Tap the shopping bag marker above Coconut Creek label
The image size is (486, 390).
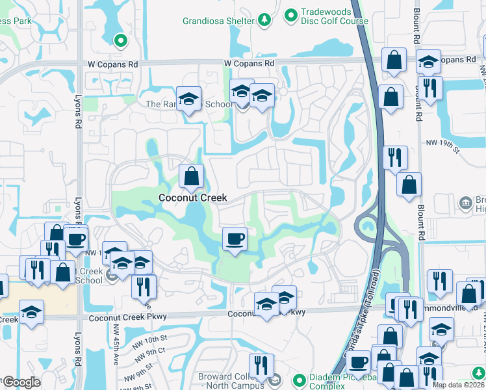192,177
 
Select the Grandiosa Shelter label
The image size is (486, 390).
222,21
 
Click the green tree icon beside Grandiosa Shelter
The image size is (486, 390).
264,21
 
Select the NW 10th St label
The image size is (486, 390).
149,339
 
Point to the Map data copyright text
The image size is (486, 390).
458,385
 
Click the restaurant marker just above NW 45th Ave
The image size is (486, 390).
144,287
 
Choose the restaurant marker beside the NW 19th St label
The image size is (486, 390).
395,157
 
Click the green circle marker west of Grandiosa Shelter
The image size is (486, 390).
120,41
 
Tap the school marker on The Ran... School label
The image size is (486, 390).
188,99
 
